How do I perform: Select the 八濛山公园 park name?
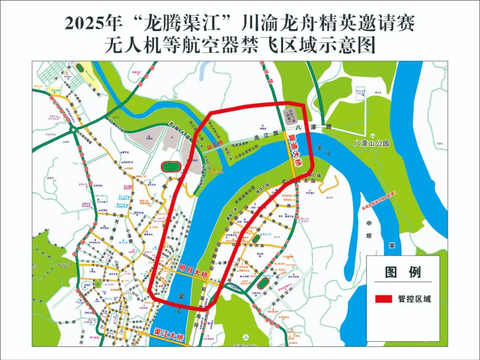click(371, 144)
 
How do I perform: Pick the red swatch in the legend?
click(383, 299)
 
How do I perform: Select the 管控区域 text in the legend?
click(414, 299)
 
